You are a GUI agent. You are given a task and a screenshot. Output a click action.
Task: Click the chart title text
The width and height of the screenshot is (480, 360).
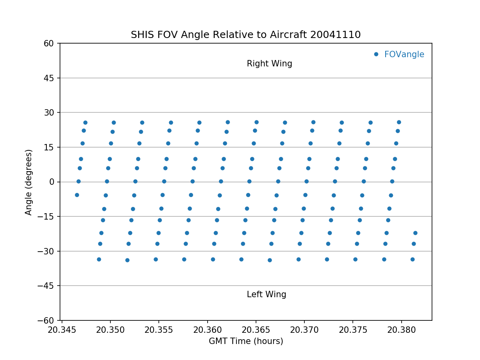(x=246, y=35)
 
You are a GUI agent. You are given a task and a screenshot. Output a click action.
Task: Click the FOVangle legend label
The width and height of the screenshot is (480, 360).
(x=404, y=54)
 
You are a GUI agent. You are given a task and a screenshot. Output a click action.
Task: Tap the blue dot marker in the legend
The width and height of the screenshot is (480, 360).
(x=376, y=54)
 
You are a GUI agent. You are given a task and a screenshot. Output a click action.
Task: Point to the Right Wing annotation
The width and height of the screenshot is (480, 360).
(x=269, y=64)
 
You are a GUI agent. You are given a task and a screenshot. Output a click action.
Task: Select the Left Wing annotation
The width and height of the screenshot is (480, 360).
(x=266, y=295)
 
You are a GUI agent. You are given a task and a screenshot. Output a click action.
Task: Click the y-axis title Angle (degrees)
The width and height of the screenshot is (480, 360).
(x=29, y=182)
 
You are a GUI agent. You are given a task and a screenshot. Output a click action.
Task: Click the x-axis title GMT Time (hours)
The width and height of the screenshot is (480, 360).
(x=246, y=341)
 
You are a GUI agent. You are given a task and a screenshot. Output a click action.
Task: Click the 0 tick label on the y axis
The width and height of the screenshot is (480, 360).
(x=52, y=182)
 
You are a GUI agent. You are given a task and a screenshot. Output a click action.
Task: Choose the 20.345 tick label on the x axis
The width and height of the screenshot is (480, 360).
(x=62, y=330)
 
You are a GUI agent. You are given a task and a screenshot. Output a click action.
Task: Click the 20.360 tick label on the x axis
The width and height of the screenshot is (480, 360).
(x=207, y=330)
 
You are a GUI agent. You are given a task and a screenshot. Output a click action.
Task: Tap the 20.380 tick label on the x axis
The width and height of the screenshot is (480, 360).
(x=401, y=330)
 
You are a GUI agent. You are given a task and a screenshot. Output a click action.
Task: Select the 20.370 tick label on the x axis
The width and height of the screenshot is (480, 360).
(x=304, y=330)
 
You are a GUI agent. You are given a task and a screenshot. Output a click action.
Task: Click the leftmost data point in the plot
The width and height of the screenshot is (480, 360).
(x=77, y=195)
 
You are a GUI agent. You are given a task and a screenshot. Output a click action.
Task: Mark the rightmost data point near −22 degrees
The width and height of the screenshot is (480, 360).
(x=415, y=233)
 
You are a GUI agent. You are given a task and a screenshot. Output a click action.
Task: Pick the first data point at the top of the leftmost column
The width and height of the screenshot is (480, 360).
(x=85, y=122)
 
